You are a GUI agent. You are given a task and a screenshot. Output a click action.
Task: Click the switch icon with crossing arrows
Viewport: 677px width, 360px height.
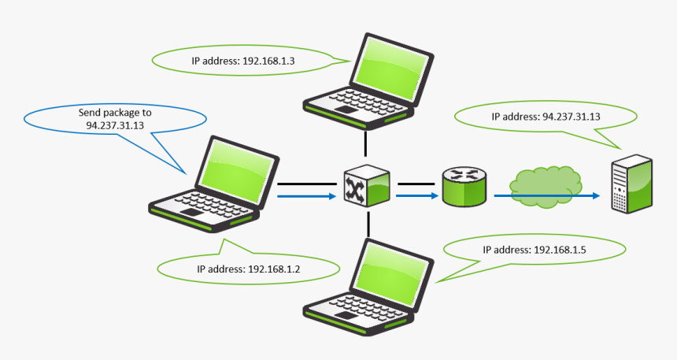(367, 187)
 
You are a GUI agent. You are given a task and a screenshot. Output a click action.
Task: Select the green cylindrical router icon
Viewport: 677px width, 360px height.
(464, 187)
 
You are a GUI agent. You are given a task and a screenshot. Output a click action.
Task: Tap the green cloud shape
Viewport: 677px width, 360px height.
(545, 186)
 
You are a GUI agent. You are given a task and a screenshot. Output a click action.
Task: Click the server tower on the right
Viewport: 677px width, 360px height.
(632, 185)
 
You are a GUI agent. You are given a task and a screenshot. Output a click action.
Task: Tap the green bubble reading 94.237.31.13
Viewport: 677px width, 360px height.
(546, 117)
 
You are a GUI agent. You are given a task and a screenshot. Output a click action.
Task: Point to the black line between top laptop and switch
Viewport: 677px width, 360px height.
(366, 143)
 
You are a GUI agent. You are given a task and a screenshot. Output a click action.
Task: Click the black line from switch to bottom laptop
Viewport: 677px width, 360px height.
(366, 224)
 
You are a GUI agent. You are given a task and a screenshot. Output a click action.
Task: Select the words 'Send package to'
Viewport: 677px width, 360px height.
(115, 113)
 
